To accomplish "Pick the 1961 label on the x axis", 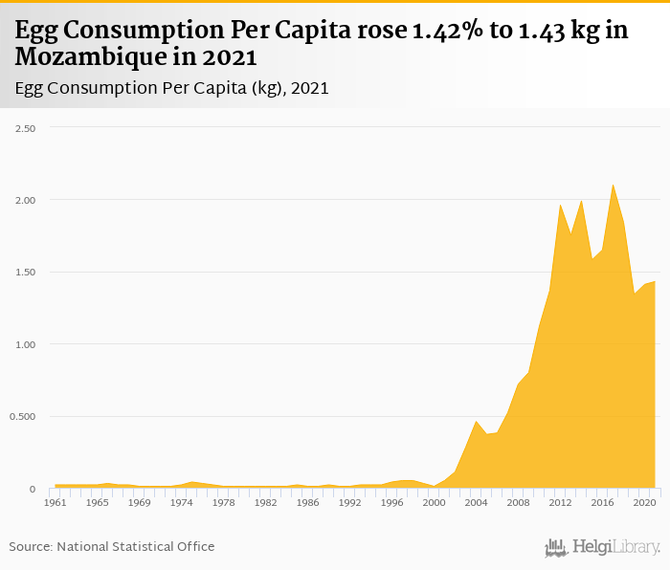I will (x=56, y=502).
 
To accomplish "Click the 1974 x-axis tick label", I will (x=182, y=502).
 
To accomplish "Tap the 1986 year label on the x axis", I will (x=308, y=502).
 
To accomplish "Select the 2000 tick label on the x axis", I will (x=435, y=502).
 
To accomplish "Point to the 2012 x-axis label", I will (x=560, y=502).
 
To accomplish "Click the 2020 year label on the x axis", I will (x=644, y=502).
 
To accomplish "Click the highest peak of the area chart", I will (x=613, y=186).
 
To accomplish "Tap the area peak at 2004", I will (x=476, y=422).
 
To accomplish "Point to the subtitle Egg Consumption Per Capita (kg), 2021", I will (x=172, y=88).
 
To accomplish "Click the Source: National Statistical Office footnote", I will (x=112, y=546).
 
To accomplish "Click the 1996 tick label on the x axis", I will (x=392, y=502).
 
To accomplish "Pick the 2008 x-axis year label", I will (x=518, y=502).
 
